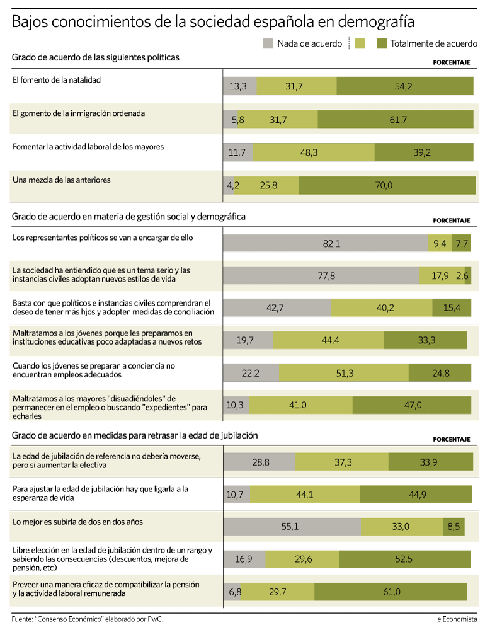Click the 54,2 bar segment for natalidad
pos(405,86)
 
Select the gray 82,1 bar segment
pos(326,243)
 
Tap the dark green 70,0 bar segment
pos(387,185)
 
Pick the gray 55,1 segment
pos(292,526)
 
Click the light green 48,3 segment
pos(314,152)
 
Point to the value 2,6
pos(462,276)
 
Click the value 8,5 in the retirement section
pos(454,527)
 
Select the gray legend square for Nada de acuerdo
pos(268,43)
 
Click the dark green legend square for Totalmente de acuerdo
pos(382,43)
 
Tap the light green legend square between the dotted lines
pos(360,43)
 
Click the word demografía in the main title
pos(376,22)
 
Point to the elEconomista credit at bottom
pos(457,619)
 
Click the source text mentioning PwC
pos(88,619)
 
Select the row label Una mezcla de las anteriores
pos(61,180)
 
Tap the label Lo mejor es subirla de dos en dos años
pos(77,522)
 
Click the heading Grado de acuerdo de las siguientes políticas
pos(96,57)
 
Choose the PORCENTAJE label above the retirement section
pos(452,439)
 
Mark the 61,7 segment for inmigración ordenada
pos(396,119)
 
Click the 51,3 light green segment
pos(344,373)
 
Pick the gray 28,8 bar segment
pos(260,462)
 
